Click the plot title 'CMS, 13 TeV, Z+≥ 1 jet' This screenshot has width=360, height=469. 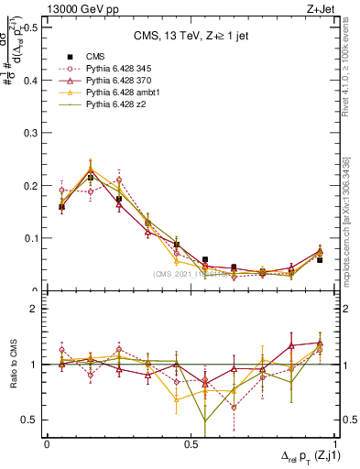[191, 36]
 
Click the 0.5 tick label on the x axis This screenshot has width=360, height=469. [191, 443]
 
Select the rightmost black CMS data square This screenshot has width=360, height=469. [320, 260]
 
